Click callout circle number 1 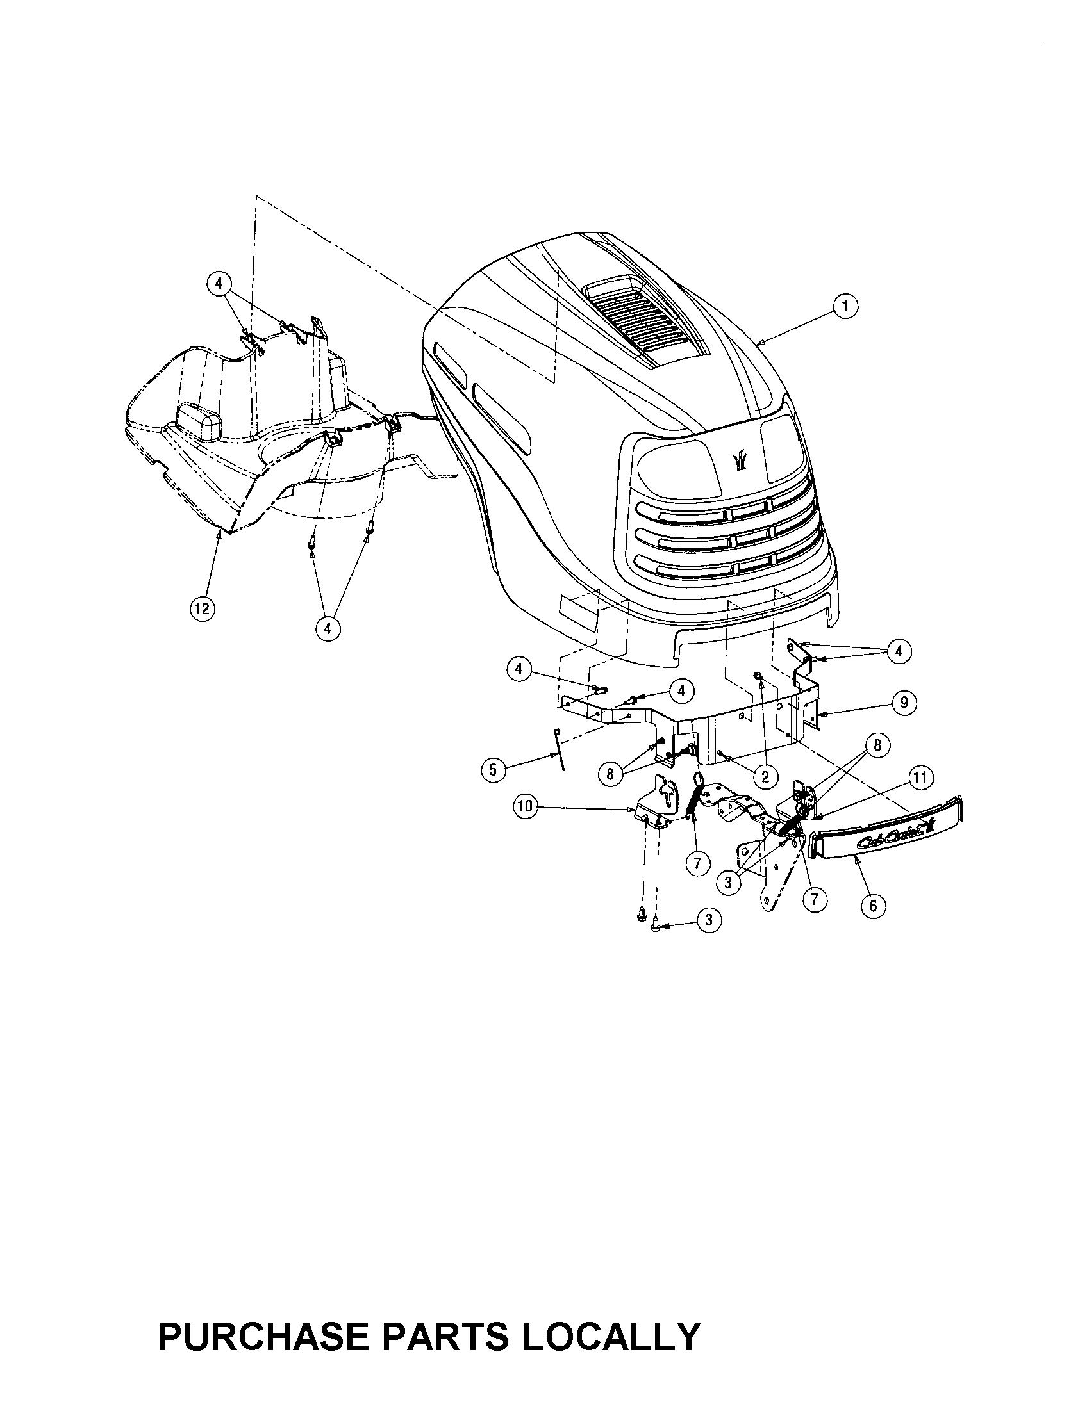[844, 306]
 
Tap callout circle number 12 [202, 609]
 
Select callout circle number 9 [903, 702]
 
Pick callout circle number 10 [526, 807]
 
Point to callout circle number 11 [920, 778]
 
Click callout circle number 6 [874, 905]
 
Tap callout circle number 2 [765, 777]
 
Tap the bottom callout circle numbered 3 [709, 920]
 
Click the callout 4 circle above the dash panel [219, 283]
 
